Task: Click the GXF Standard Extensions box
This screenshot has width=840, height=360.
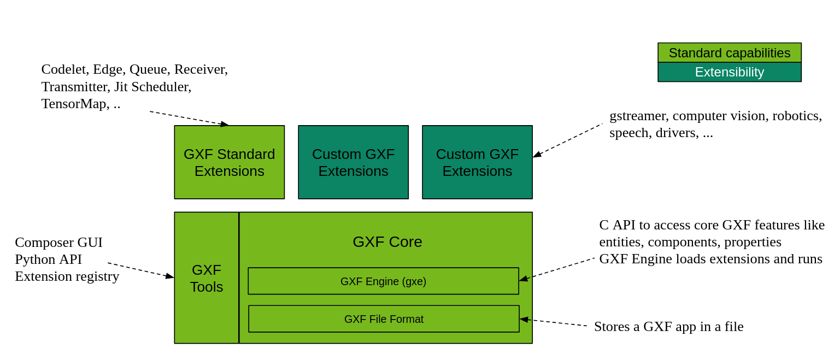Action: tap(229, 162)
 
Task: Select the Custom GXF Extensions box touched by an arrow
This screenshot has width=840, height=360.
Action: tap(477, 162)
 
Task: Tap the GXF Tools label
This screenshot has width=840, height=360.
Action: tap(207, 278)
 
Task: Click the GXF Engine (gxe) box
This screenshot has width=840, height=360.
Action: tap(383, 281)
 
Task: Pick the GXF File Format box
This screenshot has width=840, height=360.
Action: tap(384, 319)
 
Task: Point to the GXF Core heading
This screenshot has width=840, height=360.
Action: tap(387, 241)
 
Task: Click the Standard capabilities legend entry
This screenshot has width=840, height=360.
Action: tap(729, 53)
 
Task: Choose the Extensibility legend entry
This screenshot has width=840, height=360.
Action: tap(729, 72)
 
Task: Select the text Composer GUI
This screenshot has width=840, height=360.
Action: tap(58, 242)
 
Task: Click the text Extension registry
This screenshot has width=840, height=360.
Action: tap(67, 276)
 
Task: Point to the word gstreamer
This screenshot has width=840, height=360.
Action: tap(637, 116)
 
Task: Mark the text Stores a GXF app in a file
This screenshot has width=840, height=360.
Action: tap(668, 327)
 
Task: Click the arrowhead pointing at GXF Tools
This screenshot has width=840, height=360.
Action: tap(170, 277)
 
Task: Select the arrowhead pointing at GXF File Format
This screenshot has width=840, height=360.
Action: tap(524, 319)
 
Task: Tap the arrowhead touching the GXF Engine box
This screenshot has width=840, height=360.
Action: tap(523, 279)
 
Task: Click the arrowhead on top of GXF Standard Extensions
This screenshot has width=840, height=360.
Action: tap(225, 125)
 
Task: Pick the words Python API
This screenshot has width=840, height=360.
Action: tap(48, 259)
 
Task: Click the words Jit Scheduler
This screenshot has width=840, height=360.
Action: tap(152, 87)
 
